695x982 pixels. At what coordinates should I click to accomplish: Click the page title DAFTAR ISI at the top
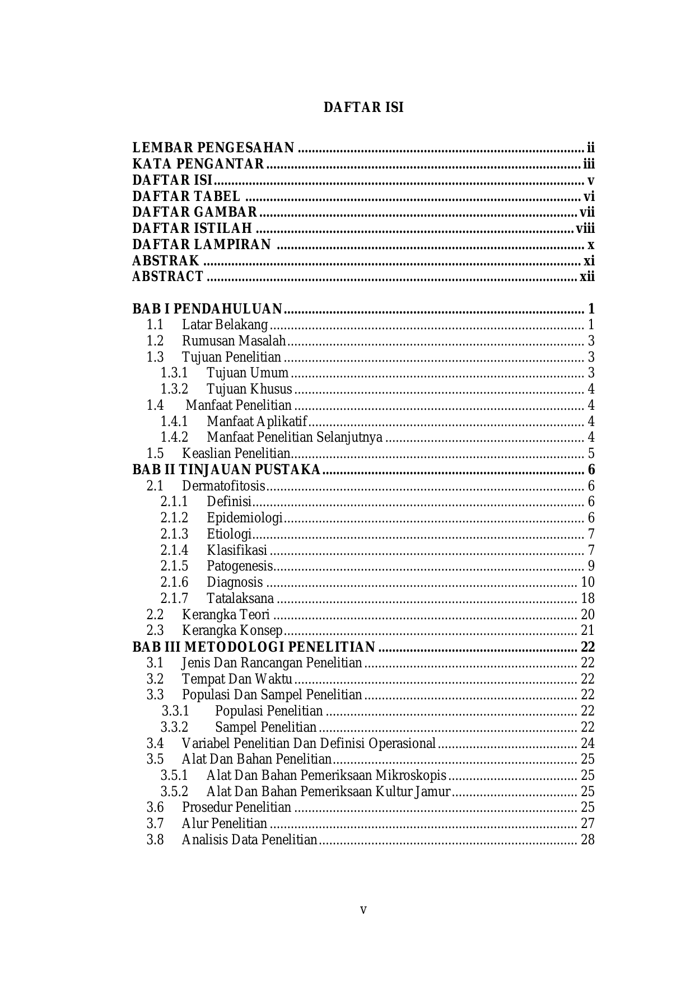363,107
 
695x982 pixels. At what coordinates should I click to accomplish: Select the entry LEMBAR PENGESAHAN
213,148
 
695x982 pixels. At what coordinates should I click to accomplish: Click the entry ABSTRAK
166,261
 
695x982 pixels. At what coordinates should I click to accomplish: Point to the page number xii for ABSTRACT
587,277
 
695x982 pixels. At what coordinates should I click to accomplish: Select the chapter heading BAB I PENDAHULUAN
207,309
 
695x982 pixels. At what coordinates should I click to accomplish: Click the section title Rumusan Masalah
234,341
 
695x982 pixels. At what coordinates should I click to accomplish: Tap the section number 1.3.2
174,389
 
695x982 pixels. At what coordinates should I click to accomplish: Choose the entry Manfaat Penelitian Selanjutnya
295,437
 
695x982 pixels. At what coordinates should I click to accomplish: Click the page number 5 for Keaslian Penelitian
591,453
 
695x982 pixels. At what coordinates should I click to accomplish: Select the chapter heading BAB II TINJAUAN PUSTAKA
226,469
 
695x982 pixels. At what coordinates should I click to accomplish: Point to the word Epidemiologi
244,518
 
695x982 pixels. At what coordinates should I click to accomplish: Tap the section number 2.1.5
174,566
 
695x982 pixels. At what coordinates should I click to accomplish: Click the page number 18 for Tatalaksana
587,598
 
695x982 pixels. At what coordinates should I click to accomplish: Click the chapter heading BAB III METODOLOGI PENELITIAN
254,647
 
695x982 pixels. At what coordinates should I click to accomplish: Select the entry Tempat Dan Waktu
237,679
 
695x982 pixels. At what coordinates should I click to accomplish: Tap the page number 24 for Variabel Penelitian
587,743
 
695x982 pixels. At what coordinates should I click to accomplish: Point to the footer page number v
363,910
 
